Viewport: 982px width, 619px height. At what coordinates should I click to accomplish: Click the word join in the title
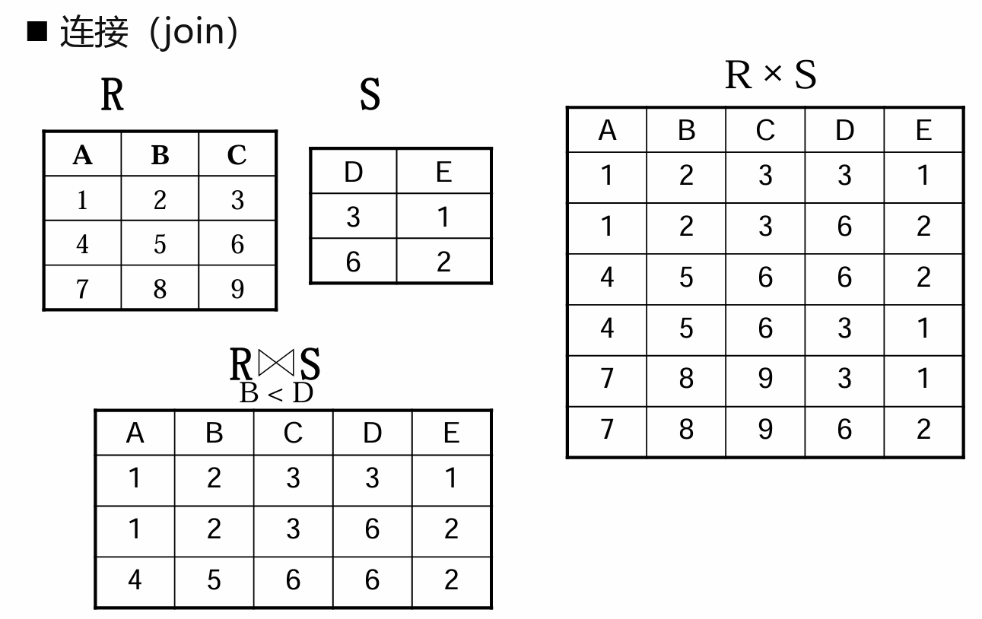coord(195,33)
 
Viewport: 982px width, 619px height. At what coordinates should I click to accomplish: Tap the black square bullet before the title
coord(37,32)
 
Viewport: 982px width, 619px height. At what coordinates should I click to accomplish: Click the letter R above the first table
coord(112,96)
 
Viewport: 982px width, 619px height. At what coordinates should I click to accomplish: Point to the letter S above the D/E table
coord(370,96)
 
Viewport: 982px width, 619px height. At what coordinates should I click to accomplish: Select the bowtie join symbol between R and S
coord(275,363)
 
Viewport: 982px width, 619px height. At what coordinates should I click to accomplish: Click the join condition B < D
coord(276,393)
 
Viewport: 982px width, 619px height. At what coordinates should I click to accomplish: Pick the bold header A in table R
coord(82,156)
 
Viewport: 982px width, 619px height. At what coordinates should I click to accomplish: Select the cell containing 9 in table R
coord(237,289)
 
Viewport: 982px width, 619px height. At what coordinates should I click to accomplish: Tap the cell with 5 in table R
coord(160,244)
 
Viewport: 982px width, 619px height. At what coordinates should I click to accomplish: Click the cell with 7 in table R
coord(82,289)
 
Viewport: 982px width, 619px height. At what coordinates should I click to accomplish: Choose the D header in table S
coord(353,173)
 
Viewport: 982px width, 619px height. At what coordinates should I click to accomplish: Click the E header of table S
coord(444,173)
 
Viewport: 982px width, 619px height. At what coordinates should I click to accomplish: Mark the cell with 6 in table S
coord(353,262)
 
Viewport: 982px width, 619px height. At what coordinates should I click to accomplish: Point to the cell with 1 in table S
coord(444,217)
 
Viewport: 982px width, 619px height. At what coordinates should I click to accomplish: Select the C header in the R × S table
coord(765,131)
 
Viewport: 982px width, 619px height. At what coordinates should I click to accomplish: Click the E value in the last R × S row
coord(923,430)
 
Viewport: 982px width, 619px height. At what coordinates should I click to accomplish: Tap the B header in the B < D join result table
coord(214,433)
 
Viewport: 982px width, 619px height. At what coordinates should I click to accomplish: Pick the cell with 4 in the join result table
coord(135,580)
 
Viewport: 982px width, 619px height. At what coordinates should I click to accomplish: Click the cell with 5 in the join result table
coord(214,580)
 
